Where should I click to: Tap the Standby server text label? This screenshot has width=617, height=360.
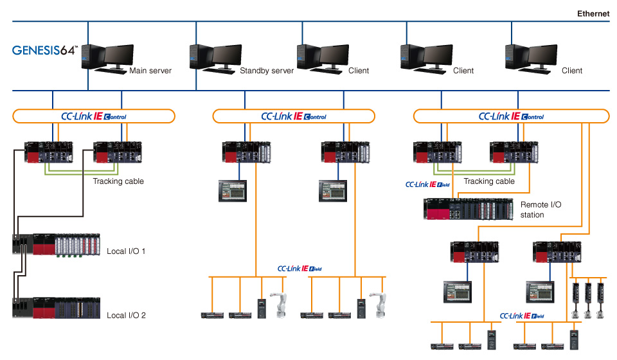[267, 71]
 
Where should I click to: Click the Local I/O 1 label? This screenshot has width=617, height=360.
[126, 251]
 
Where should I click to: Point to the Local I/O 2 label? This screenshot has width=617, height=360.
[126, 315]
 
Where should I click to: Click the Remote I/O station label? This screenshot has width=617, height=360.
[541, 210]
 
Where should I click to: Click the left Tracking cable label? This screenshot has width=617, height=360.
[118, 181]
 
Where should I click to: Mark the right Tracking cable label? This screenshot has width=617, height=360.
[489, 181]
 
